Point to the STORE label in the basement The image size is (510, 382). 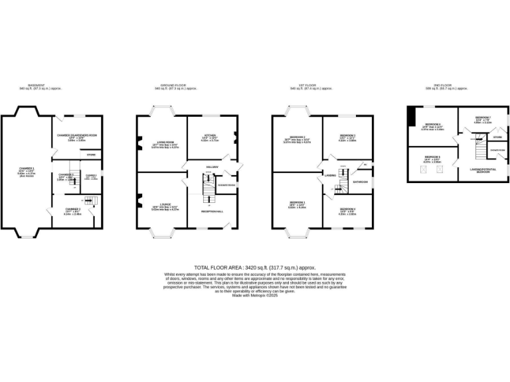click(x=92, y=155)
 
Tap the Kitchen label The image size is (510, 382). click(x=209, y=136)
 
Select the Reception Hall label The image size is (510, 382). click(x=211, y=211)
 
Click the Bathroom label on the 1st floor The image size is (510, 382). click(x=361, y=182)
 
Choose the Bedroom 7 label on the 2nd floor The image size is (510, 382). click(x=483, y=117)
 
